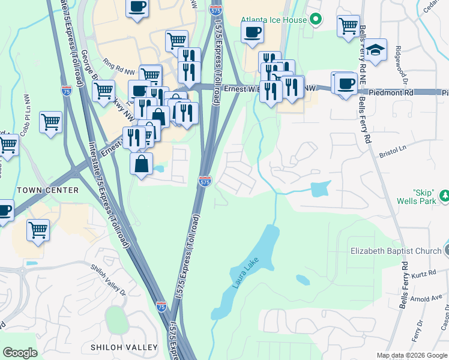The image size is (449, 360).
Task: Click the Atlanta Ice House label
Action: [274, 20]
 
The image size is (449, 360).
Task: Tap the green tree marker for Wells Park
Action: [445, 195]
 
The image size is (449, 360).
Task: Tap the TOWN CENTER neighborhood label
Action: [48, 190]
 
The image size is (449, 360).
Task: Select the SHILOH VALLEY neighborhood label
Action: [124, 347]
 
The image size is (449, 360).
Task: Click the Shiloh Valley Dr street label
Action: [109, 280]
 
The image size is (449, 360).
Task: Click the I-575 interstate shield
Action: [205, 181]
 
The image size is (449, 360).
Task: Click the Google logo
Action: [20, 353]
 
